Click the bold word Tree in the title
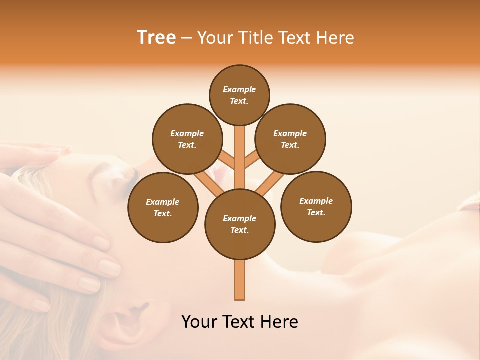pos(156,38)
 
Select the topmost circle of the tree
pos(239,95)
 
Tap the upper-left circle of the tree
pos(187,139)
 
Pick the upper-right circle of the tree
pos(290,139)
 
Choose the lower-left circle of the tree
pos(163,207)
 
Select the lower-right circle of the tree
pos(316,206)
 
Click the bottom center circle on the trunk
pos(240,224)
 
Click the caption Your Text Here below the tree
pos(240,322)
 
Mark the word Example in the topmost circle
pos(239,90)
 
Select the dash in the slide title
pos(187,38)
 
